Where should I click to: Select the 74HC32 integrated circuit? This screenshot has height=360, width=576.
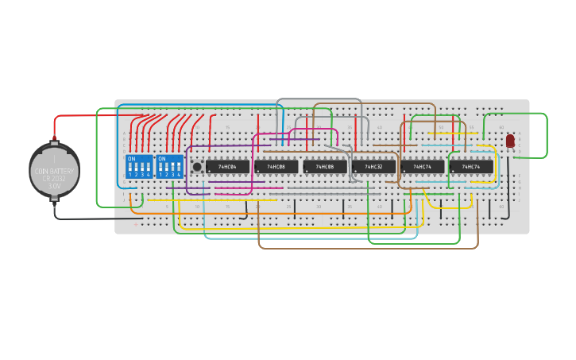[373, 167]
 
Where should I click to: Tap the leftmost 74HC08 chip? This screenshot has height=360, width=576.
[276, 167]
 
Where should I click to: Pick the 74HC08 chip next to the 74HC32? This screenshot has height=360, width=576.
[324, 167]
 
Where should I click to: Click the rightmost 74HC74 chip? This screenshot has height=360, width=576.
[471, 167]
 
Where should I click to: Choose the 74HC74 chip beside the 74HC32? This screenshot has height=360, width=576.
[423, 167]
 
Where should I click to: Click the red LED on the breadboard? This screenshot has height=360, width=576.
[510, 141]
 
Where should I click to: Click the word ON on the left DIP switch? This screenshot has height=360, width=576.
[131, 159]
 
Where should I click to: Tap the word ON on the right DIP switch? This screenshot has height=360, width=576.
[162, 159]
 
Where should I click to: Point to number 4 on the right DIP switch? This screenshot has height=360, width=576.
[179, 174]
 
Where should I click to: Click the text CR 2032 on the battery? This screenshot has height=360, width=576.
[54, 179]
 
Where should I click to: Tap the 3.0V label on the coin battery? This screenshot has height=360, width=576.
[54, 186]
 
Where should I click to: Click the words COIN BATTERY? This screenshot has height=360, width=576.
[54, 172]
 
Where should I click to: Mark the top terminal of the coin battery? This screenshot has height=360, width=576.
[54, 143]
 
